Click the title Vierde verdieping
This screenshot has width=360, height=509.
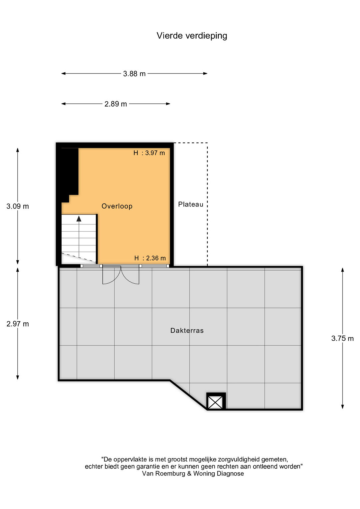pyautogui.click(x=192, y=36)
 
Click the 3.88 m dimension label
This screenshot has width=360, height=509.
pyautogui.click(x=134, y=74)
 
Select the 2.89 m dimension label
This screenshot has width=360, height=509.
pyautogui.click(x=116, y=104)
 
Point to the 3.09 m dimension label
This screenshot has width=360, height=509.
pyautogui.click(x=18, y=206)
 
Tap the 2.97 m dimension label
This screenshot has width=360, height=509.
pyautogui.click(x=18, y=324)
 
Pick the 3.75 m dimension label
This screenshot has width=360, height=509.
pyautogui.click(x=343, y=338)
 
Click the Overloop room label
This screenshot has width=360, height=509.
pyautogui.click(x=117, y=206)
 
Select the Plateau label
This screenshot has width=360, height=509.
pyautogui.click(x=191, y=204)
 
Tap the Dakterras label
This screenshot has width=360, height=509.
pyautogui.click(x=187, y=330)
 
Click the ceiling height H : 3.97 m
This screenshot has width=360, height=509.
pyautogui.click(x=149, y=153)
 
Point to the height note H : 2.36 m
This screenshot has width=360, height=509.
pyautogui.click(x=150, y=258)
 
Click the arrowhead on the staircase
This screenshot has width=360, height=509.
pyautogui.click(x=79, y=219)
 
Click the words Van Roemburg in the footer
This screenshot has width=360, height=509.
pyautogui.click(x=164, y=474)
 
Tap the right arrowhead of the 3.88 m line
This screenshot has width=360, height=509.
pyautogui.click(x=205, y=73)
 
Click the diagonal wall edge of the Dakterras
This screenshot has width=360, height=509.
pyautogui.click(x=189, y=395)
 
